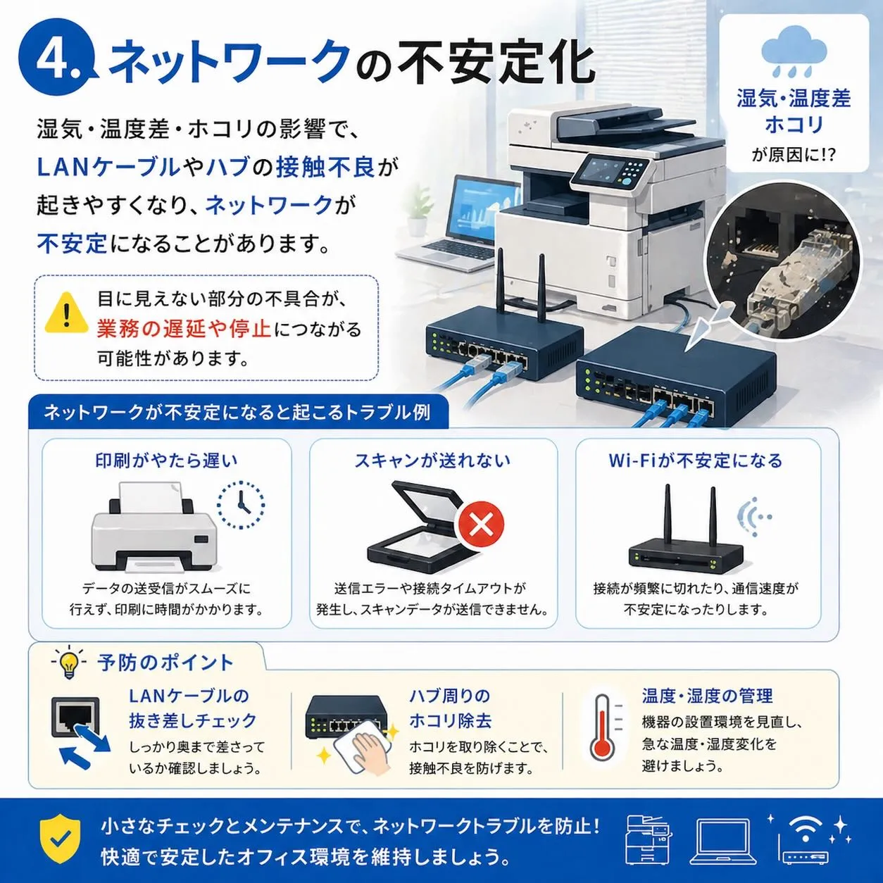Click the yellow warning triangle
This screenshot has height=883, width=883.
[x=66, y=313]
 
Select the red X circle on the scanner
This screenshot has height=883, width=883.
[x=481, y=524]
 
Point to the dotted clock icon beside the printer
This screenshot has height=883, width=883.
[x=240, y=505]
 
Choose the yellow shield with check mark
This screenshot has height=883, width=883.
[x=60, y=840]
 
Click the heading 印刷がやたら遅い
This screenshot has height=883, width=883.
[x=167, y=461]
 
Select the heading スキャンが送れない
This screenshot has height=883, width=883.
[x=432, y=461]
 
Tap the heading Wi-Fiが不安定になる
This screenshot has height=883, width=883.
[x=695, y=461]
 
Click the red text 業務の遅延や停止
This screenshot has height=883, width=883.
[x=183, y=329]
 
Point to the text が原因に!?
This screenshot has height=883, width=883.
[x=794, y=155]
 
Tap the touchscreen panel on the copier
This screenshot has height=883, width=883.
[x=596, y=170]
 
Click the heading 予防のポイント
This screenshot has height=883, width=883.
[x=165, y=663]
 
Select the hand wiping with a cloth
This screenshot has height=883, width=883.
[x=365, y=752]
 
